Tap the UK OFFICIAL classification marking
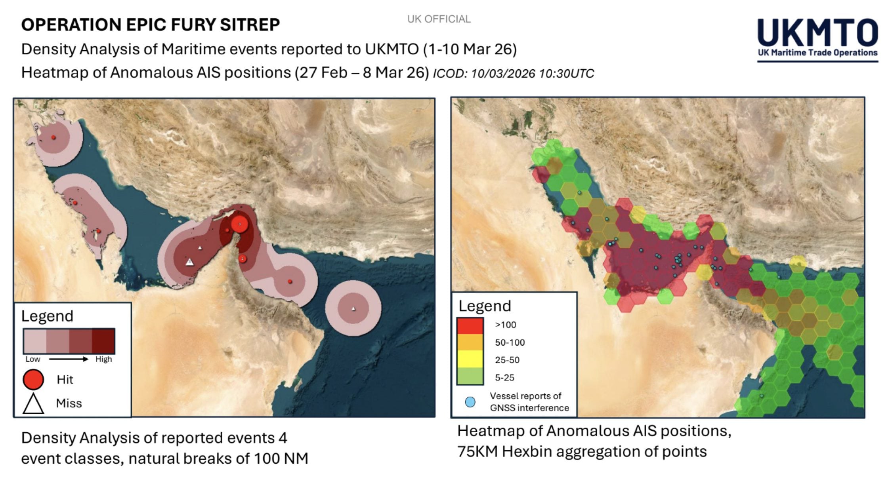coord(439,19)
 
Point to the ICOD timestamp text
coord(513,74)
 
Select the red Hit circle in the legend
coord(33,379)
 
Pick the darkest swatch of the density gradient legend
coord(103,341)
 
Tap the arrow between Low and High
coord(68,359)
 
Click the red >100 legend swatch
coord(470,325)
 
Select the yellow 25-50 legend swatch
coord(470,360)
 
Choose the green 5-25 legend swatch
coord(470,377)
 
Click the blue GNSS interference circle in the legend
coord(470,403)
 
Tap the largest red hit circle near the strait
coord(239,224)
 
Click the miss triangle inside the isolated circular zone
coord(353,308)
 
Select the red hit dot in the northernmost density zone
coord(53,137)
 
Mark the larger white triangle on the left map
coord(190,262)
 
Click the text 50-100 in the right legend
coord(510,342)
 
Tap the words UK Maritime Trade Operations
coord(817,53)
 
